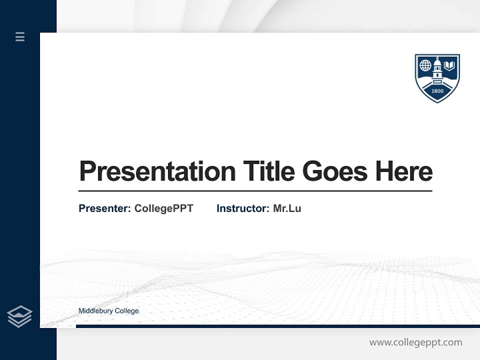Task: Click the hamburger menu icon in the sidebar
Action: point(20,36)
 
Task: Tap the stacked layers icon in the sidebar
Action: point(19,316)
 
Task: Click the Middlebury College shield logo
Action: point(437,78)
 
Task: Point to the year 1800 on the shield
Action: point(437,91)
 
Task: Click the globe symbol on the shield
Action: point(425,65)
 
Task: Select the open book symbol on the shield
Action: point(450,65)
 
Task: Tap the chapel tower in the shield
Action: point(437,69)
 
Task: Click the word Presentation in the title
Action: point(157,171)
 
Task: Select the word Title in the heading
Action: point(268,171)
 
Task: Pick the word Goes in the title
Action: point(335,171)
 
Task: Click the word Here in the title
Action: point(403,171)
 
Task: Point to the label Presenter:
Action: point(104,208)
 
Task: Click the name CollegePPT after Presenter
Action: point(163,208)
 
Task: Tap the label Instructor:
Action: point(242,208)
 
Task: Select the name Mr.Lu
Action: point(287,208)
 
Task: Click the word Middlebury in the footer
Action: point(95,311)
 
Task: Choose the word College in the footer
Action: point(127,311)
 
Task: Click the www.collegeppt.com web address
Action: point(415,342)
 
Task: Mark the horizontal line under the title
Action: point(255,191)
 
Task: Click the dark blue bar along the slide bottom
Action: point(277,326)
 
